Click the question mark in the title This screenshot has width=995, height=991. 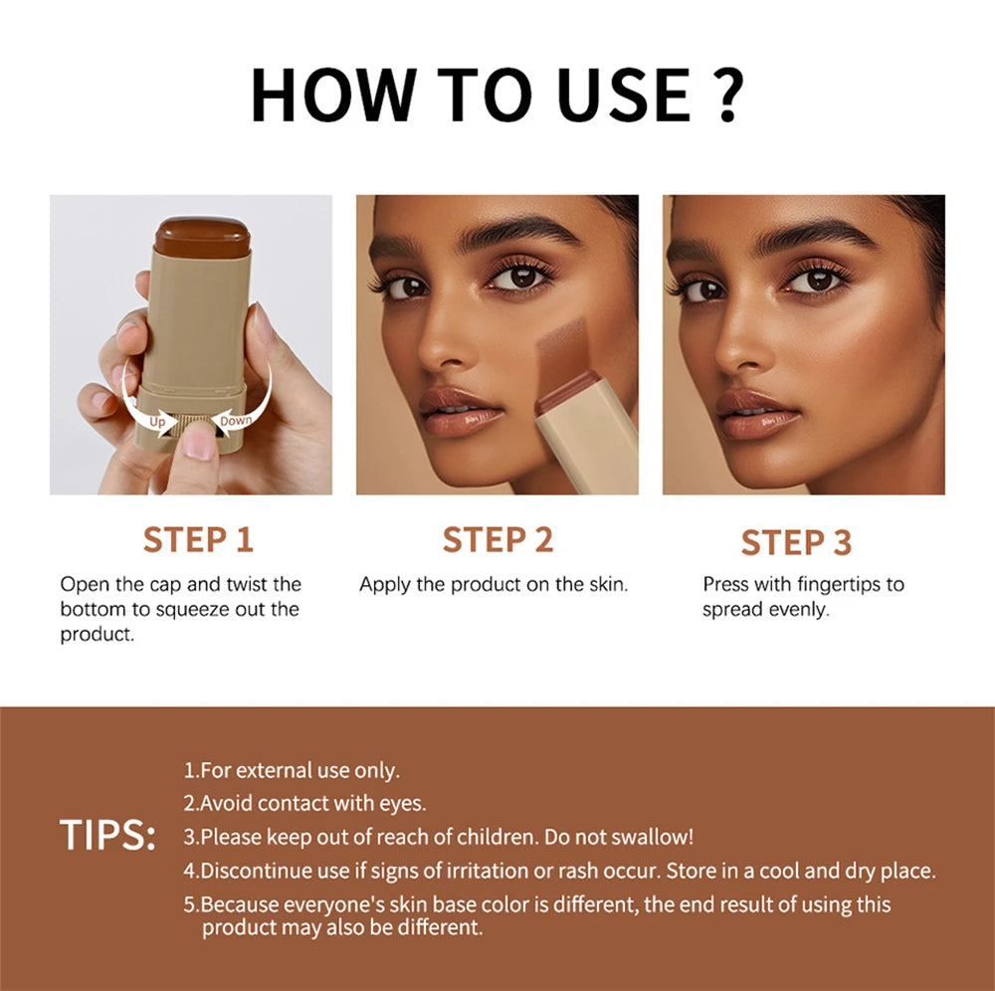tap(722, 95)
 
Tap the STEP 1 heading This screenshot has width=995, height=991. tap(198, 539)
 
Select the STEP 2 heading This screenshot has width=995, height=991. tap(497, 539)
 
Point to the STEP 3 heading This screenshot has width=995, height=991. tap(796, 542)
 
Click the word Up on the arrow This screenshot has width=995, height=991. tap(157, 422)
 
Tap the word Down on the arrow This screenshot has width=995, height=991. tap(236, 421)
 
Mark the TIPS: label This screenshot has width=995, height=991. tap(107, 836)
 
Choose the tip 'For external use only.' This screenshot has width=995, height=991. tap(292, 770)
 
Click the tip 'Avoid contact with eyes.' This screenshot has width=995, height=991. tap(304, 803)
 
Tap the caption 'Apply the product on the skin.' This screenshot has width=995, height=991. tap(494, 585)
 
